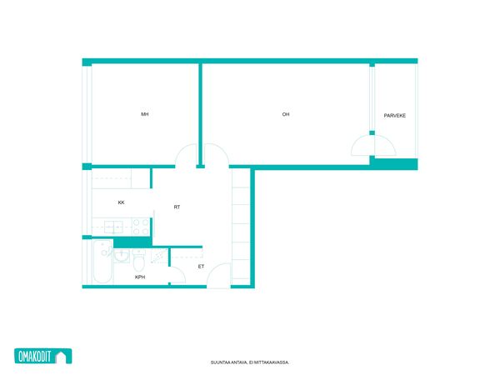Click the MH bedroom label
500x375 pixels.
(x=145, y=114)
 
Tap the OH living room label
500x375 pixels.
(x=286, y=114)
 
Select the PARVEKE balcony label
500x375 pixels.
(x=395, y=116)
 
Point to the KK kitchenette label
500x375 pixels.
(x=121, y=202)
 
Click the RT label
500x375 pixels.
(x=177, y=207)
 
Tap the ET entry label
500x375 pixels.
(x=201, y=267)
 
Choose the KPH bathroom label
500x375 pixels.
(x=140, y=277)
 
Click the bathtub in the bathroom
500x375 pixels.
(x=102, y=262)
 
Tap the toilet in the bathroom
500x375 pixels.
(x=138, y=261)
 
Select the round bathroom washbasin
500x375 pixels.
(x=121, y=256)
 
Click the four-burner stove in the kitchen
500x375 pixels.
(x=141, y=227)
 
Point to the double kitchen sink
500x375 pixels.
(x=113, y=227)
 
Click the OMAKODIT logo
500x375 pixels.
(x=43, y=356)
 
